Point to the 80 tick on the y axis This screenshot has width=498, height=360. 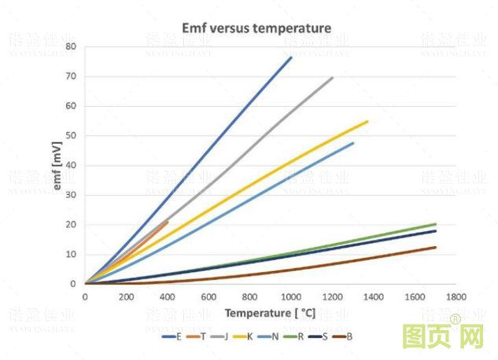(x=71, y=47)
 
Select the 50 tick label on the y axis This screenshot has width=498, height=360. (x=71, y=136)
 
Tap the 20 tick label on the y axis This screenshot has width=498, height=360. (x=71, y=225)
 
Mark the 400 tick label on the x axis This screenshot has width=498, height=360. (x=167, y=297)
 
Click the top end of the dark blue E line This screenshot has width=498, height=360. (x=291, y=57)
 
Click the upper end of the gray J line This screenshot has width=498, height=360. (x=332, y=77)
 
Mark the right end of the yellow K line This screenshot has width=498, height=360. (x=367, y=121)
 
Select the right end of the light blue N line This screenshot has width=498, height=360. (x=353, y=143)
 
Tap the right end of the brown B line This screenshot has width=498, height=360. (x=435, y=247)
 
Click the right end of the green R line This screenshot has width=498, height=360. (x=435, y=224)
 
